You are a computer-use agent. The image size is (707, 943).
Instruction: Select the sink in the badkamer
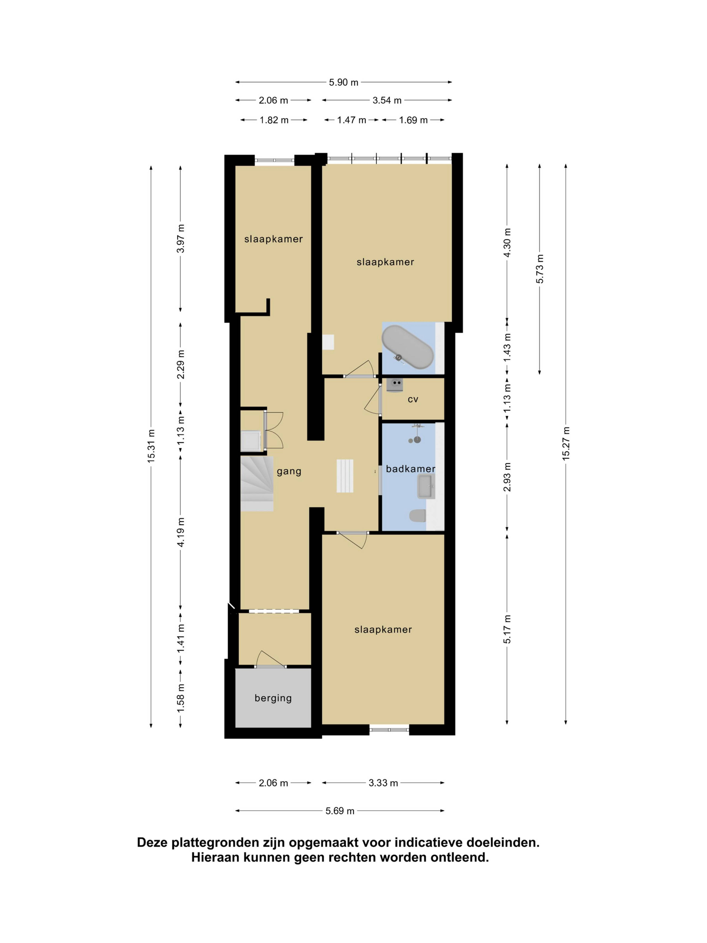pyautogui.click(x=425, y=487)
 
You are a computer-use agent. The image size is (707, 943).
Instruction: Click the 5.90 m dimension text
pyautogui.click(x=344, y=82)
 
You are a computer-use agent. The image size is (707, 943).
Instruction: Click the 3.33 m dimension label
pyautogui.click(x=383, y=783)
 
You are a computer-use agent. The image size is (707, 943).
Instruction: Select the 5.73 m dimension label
pyautogui.click(x=540, y=269)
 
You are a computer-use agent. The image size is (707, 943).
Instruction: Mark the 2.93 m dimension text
pyautogui.click(x=507, y=477)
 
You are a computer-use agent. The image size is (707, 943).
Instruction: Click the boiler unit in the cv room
pyautogui.click(x=395, y=385)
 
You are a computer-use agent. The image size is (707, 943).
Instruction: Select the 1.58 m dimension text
pyautogui.click(x=181, y=697)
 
